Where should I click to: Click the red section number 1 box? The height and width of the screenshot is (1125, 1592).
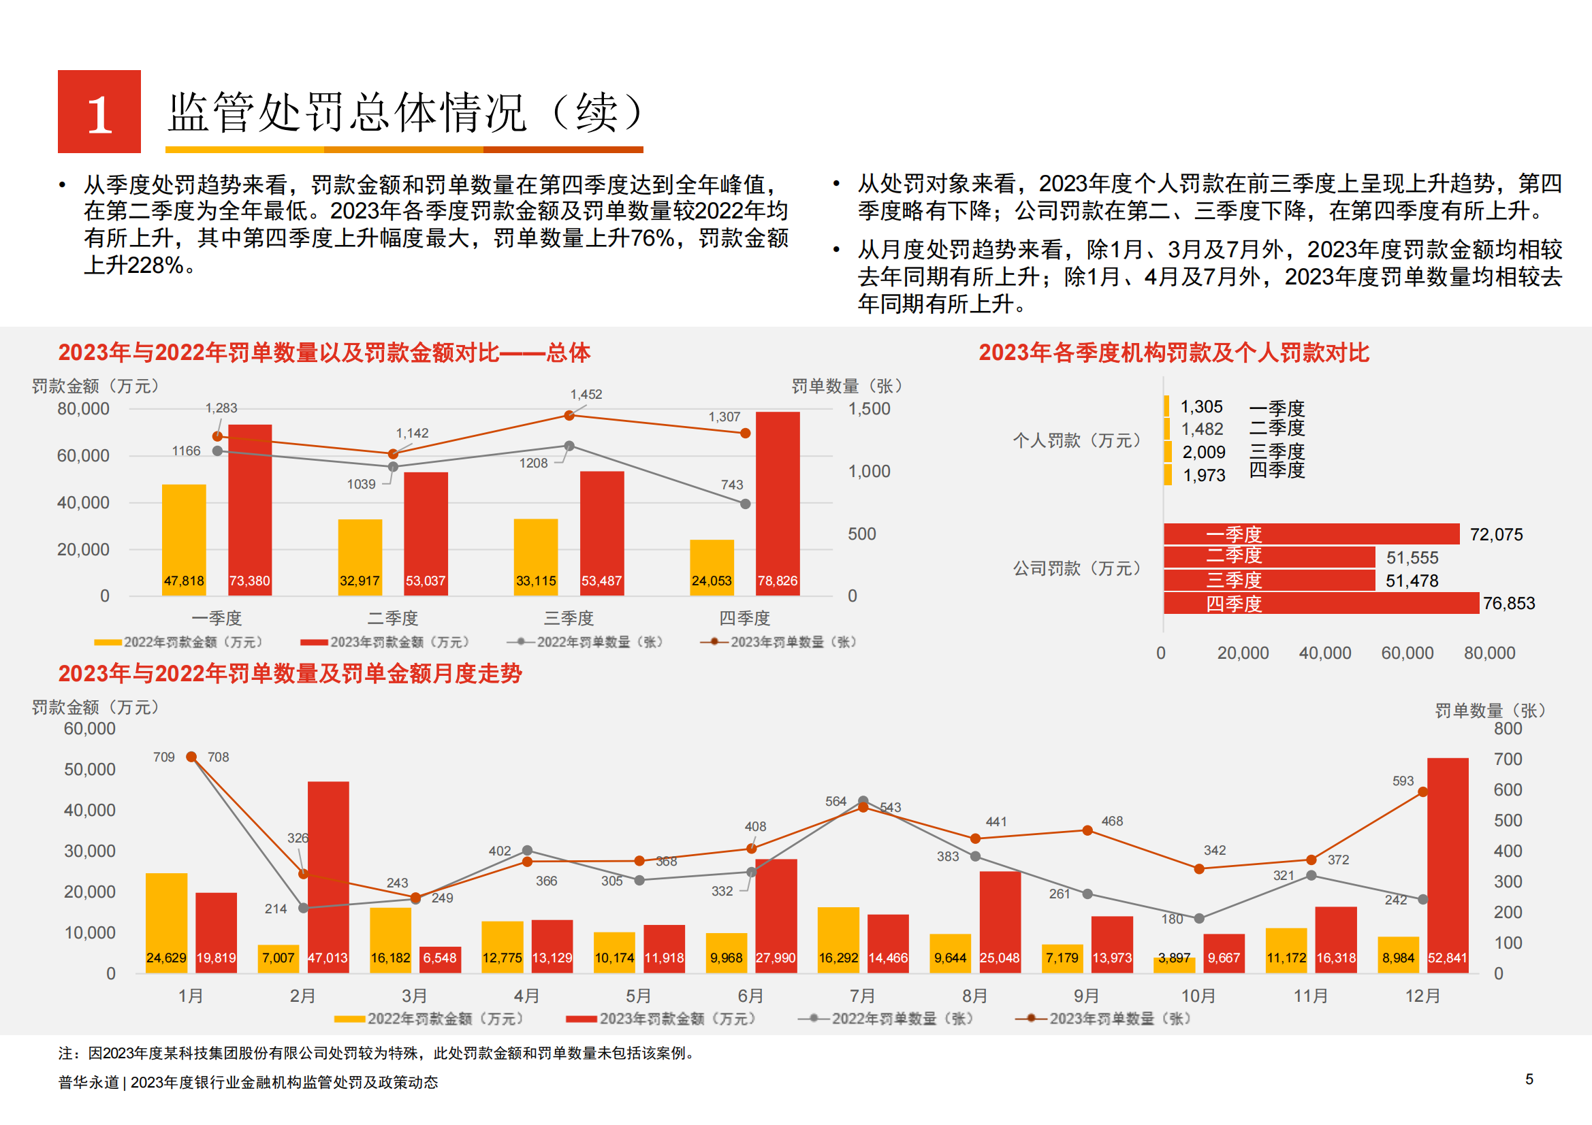99,112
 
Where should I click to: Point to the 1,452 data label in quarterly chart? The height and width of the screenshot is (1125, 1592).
586,395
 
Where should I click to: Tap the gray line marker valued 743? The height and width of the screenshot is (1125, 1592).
746,504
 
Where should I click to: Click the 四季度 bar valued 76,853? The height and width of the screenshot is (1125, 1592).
1321,603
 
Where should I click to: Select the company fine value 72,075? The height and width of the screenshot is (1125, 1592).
1496,534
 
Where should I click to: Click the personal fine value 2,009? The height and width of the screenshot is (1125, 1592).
1204,453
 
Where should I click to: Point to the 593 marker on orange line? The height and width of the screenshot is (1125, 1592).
1423,792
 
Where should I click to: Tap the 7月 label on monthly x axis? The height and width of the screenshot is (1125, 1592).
863,996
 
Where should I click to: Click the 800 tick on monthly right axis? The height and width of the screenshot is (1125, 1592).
1508,728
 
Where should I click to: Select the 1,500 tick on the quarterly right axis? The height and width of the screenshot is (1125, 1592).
869,409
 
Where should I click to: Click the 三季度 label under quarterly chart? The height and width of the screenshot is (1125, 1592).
569,617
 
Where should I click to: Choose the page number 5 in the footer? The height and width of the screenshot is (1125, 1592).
1529,1079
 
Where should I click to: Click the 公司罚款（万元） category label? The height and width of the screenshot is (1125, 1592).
1077,568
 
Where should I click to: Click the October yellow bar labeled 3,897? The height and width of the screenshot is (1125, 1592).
1174,964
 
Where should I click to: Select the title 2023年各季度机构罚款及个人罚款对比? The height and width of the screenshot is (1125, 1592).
1173,352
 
